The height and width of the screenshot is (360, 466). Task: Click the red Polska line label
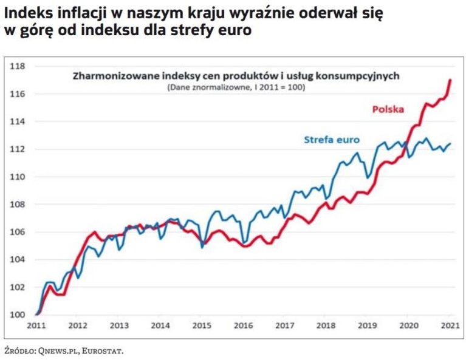pyautogui.click(x=388, y=109)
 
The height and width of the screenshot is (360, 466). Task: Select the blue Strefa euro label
pyautogui.click(x=331, y=140)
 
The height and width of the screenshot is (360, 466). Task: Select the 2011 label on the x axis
pyautogui.click(x=36, y=326)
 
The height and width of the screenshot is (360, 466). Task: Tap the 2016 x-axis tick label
pyautogui.click(x=244, y=326)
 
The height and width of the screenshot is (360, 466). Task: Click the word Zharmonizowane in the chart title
pyautogui.click(x=108, y=77)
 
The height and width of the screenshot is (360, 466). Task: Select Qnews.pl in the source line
pyautogui.click(x=58, y=350)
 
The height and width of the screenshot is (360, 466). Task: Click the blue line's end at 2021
pyautogui.click(x=450, y=143)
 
